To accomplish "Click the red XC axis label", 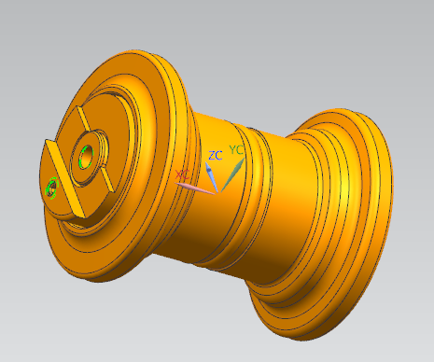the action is tap(182, 174).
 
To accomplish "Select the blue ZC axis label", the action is tap(216, 155).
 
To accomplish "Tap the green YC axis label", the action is tap(236, 150).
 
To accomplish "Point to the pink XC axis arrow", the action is tap(195, 188).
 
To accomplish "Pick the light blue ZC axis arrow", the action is tap(212, 176).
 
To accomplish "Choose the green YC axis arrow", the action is tap(232, 174).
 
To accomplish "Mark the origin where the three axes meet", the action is tap(218, 192).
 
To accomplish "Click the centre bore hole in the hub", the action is tap(87, 155).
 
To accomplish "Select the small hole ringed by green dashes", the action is tap(51, 188).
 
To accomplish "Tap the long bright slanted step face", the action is tap(65, 179).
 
